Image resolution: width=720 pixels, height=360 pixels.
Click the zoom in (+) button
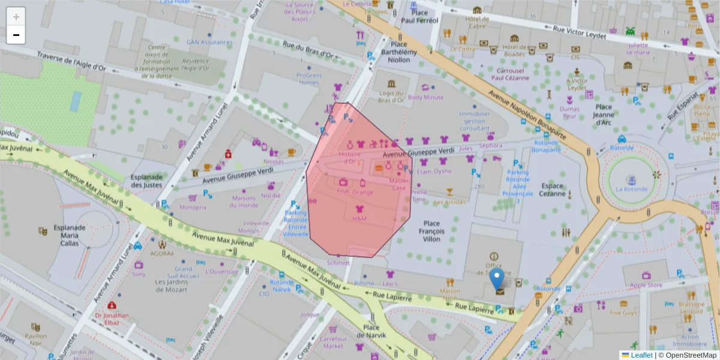pyautogui.click(x=16, y=17)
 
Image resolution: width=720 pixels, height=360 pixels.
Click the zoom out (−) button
pyautogui.click(x=16, y=35)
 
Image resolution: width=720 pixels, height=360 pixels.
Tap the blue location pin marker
pyautogui.click(x=497, y=280)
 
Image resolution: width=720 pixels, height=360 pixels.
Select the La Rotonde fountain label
pyautogui.click(x=631, y=189)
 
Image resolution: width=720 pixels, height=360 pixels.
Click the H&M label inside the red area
pyautogui.click(x=359, y=219)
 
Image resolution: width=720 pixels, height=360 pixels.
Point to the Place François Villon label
pyautogui.click(x=431, y=231)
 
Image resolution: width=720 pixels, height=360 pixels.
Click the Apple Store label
pyautogui.click(x=646, y=285)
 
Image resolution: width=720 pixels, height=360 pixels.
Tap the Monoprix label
pyautogui.click(x=193, y=208)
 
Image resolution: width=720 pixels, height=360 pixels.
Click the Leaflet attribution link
pyautogui.click(x=641, y=355)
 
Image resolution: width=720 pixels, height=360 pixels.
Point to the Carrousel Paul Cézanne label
pyautogui.click(x=510, y=74)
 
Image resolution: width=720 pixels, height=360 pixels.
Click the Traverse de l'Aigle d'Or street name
pyautogui.click(x=71, y=62)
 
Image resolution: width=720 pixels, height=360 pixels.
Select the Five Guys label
pyautogui.click(x=623, y=313)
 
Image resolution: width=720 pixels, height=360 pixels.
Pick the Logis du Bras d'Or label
pyautogui.click(x=391, y=96)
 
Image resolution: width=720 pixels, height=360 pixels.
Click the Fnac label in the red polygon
pyautogui.click(x=343, y=191)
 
